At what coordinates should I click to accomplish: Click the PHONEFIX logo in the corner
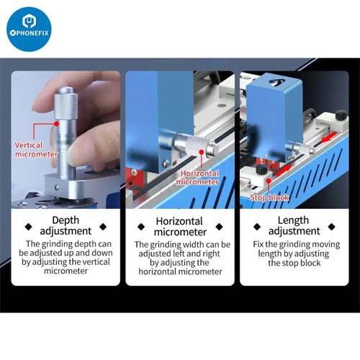click(x=29, y=29)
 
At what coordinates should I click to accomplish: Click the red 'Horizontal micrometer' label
click(x=199, y=178)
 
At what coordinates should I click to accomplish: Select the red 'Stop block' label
click(x=269, y=197)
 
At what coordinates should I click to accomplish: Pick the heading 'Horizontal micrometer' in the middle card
click(x=179, y=225)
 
